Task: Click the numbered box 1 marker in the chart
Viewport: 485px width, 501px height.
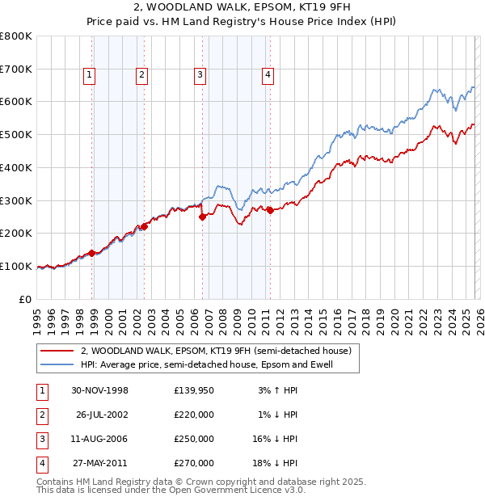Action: [x=89, y=75]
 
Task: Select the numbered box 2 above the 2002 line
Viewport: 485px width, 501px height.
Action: [x=141, y=75]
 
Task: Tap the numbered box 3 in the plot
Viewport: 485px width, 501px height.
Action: [x=200, y=75]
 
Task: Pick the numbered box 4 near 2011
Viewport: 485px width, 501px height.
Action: [x=268, y=75]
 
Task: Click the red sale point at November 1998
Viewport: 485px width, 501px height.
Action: [x=92, y=253]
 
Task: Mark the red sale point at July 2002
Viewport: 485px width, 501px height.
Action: [x=145, y=226]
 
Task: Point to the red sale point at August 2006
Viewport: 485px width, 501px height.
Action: [x=203, y=216]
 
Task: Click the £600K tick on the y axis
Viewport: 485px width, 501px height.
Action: [x=16, y=102]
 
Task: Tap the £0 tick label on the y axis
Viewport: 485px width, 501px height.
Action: [x=24, y=299]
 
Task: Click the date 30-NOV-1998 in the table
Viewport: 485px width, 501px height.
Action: [x=99, y=390]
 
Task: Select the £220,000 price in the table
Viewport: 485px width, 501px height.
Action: [x=194, y=415]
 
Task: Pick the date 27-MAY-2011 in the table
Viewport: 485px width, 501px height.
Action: [x=99, y=463]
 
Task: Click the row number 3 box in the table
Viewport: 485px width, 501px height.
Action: [x=41, y=439]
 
